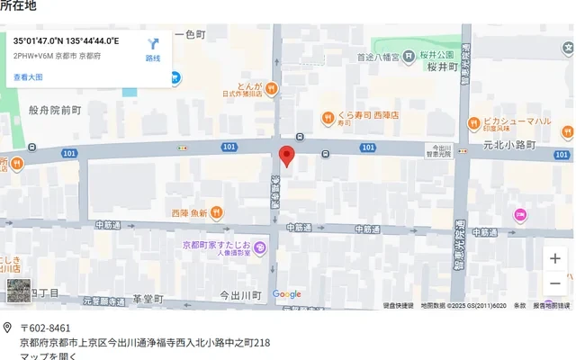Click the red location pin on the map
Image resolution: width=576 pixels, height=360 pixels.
click(286, 155)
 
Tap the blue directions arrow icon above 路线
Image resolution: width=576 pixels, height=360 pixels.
click(153, 43)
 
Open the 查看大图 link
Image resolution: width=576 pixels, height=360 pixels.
click(28, 77)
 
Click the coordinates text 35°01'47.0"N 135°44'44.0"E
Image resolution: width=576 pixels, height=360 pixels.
click(67, 40)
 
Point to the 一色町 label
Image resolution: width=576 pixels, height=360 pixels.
click(190, 34)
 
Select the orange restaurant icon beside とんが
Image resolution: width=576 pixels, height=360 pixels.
click(271, 87)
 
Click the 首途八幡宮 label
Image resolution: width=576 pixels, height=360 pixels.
click(379, 57)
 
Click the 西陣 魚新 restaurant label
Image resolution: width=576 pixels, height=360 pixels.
click(189, 213)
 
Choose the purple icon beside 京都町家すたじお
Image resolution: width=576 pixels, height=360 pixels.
click(259, 247)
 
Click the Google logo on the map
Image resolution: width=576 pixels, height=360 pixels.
click(286, 294)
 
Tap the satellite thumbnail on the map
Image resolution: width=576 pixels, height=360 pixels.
click(18, 290)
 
